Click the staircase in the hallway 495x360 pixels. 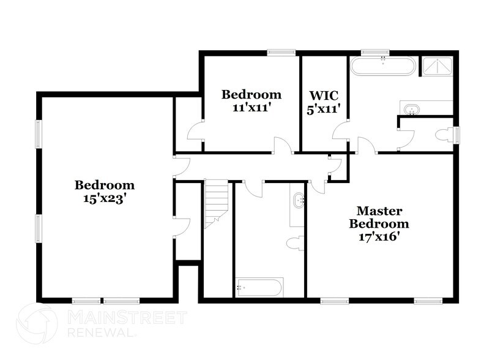click(x=215, y=202)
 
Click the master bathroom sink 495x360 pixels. click(x=412, y=110)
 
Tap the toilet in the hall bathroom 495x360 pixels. click(x=294, y=241)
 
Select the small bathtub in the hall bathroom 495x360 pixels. click(x=259, y=287)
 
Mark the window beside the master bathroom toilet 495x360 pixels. click(x=455, y=135)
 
